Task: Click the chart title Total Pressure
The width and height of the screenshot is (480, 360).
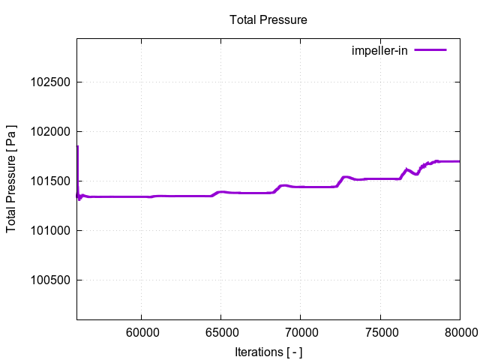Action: pos(268,20)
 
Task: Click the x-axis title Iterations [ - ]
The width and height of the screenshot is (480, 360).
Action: pos(268,352)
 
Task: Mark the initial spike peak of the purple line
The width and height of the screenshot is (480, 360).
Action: pos(77,147)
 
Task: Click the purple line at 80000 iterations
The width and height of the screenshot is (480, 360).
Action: pos(458,161)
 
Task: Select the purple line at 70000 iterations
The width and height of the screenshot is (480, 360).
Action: pos(300,187)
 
